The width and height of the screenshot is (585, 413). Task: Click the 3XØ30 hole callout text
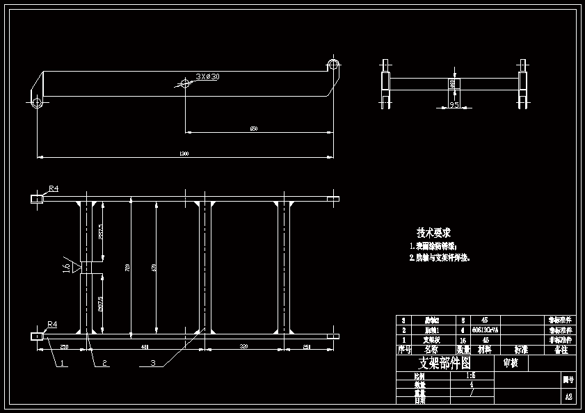[x=207, y=76]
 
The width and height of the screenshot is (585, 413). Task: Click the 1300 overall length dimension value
[x=184, y=153]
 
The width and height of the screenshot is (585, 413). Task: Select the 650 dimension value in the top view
[x=254, y=129]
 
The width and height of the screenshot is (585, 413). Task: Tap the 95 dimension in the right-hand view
[x=454, y=105]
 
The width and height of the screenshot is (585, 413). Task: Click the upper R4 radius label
[x=54, y=188]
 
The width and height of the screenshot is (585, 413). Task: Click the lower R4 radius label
[x=52, y=324]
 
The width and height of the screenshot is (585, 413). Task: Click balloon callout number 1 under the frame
[x=62, y=363]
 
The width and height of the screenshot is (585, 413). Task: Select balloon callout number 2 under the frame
[x=104, y=363]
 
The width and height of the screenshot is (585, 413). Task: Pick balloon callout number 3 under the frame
[x=152, y=363]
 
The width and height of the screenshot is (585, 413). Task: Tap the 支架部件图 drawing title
[x=444, y=364]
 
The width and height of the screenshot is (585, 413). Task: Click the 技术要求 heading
[x=433, y=233]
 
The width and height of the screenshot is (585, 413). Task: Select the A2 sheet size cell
[x=568, y=397]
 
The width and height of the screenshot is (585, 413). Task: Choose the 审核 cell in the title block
[x=510, y=363]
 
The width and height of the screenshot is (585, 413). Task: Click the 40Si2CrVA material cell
[x=484, y=330]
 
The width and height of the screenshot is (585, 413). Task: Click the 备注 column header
[x=561, y=350]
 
